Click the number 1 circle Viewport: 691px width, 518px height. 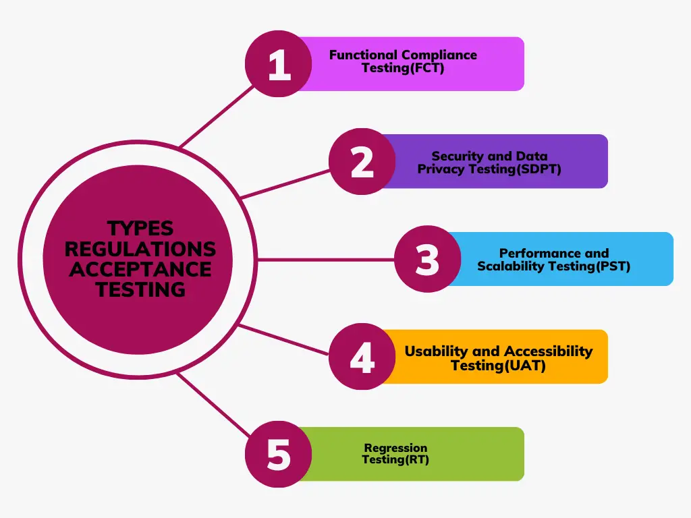278,64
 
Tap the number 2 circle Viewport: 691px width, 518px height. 362,162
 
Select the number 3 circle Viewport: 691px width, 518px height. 427,260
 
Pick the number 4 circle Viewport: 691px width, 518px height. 362,357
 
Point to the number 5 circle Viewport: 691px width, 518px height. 278,454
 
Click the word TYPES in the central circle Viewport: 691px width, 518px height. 140,228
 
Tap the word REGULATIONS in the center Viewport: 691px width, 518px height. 140,248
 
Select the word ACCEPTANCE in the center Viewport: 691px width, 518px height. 140,269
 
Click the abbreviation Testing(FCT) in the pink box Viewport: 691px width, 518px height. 403,68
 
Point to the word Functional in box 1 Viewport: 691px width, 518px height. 364,55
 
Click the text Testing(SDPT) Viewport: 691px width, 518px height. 520,169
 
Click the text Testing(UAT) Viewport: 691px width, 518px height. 498,366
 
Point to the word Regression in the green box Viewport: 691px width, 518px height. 395,448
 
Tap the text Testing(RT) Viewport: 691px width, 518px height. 395,460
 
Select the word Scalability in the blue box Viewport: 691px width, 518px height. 511,266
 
